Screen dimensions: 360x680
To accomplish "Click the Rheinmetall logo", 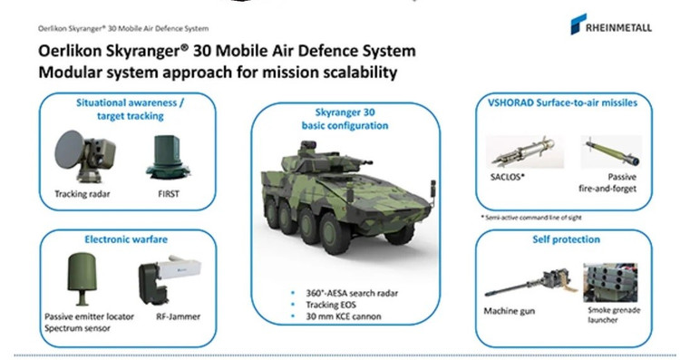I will [x=613, y=24].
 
